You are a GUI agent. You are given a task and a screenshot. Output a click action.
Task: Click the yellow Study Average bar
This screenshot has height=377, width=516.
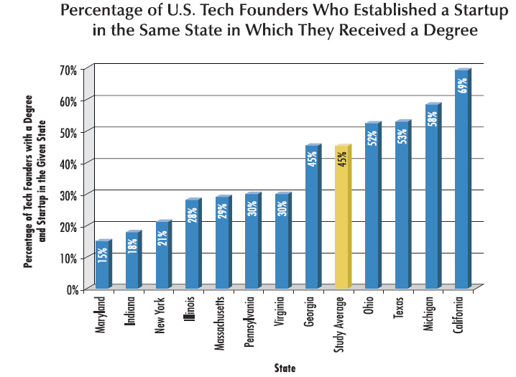pos(342,230)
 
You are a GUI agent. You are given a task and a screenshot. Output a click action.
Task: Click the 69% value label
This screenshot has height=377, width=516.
pos(463,85)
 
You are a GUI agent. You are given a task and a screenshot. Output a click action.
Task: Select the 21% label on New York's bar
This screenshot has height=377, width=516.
pos(162,236)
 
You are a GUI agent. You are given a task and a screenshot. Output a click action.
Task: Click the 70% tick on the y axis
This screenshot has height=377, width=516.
pos(68,70)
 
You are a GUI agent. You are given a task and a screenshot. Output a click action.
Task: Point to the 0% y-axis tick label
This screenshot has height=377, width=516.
pos(70,289)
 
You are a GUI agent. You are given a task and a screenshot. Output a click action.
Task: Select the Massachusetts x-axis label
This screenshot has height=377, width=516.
pos(221,320)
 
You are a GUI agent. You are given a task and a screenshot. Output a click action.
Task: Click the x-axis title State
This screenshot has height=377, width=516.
pos(285,368)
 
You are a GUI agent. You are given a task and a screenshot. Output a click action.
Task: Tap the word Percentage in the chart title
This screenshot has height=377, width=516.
pos(101,12)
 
